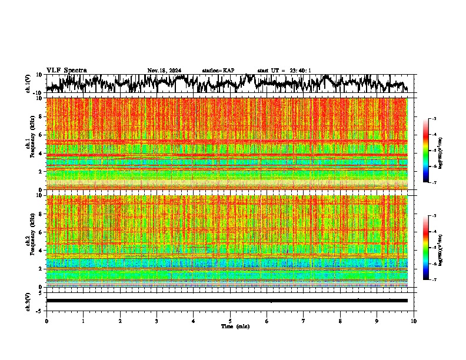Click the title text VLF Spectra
[x=66, y=70]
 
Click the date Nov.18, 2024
[x=164, y=71]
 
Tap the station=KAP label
[x=218, y=71]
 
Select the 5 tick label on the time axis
[x=230, y=321]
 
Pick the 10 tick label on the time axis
[x=414, y=321]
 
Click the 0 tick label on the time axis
[x=46, y=321]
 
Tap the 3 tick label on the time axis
[x=157, y=321]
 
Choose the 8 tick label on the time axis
[x=340, y=321]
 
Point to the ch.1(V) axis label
[x=28, y=84]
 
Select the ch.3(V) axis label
[x=28, y=301]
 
